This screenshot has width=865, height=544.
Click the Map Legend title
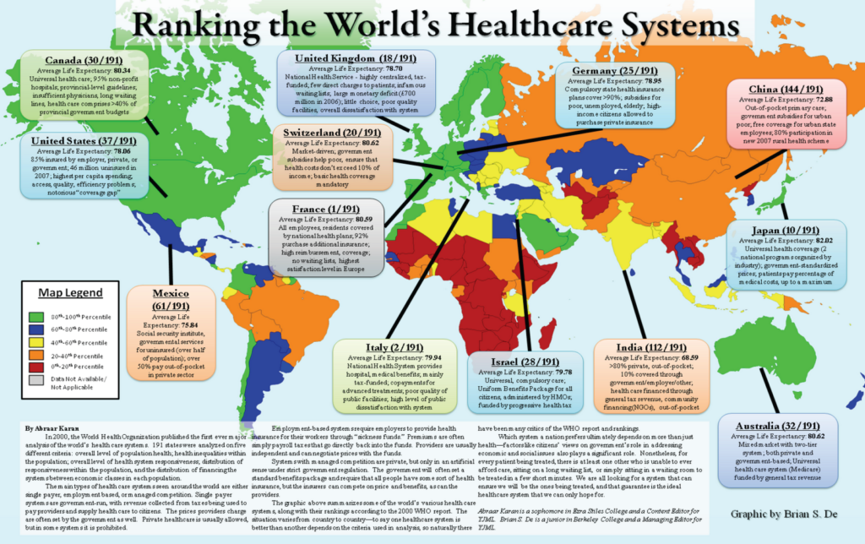(x=71, y=292)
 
